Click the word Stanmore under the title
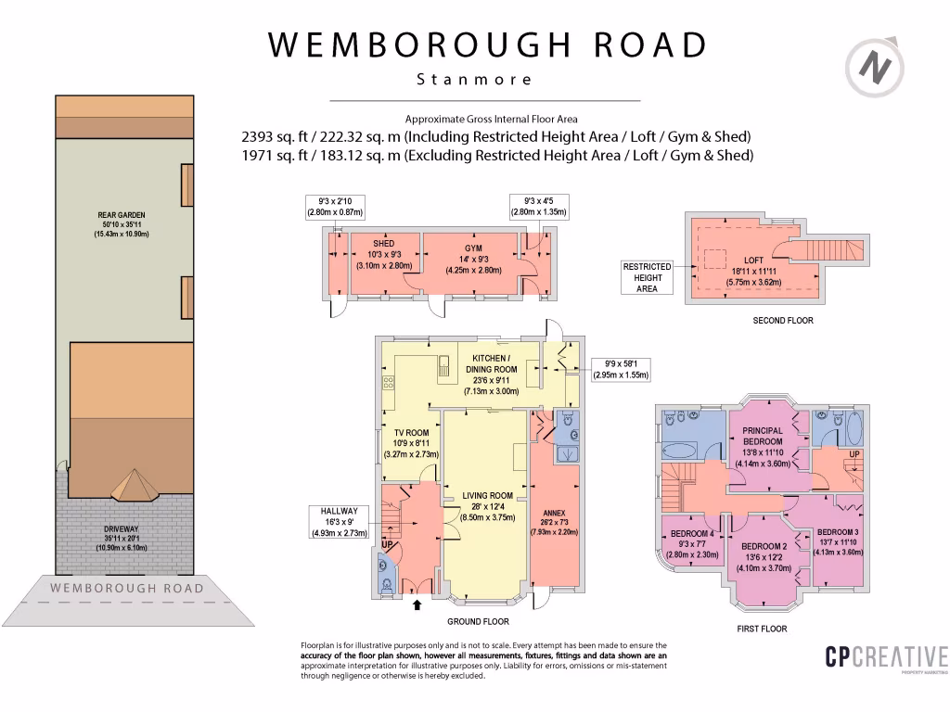[475, 80]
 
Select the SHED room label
[383, 244]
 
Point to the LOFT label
[753, 261]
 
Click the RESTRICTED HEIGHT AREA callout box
[647, 277]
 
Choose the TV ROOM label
[411, 433]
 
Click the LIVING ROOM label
[487, 496]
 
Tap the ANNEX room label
[554, 513]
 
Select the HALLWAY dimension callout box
[339, 522]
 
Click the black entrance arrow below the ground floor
[416, 605]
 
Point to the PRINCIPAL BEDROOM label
[763, 436]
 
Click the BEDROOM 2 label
[764, 546]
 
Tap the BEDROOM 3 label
[838, 532]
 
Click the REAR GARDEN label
[122, 215]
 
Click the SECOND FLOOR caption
[783, 321]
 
